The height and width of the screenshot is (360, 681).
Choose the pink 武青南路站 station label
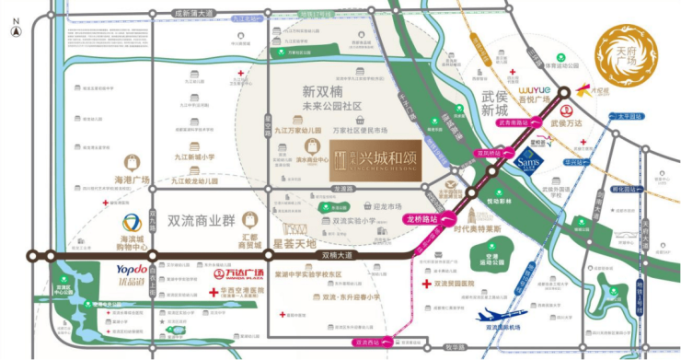coord(514,122)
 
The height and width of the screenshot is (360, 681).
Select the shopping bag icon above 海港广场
coord(132,160)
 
